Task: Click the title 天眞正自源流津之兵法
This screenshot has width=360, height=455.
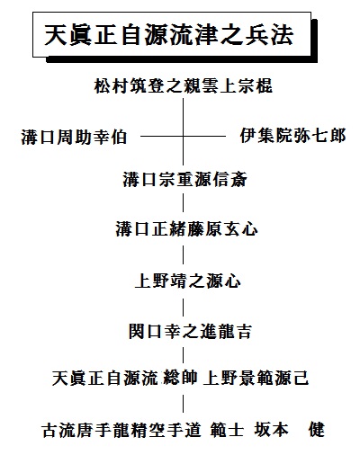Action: [169, 35]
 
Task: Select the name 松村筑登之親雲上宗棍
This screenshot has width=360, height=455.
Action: [184, 86]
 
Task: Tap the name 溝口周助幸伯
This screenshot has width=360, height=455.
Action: [74, 137]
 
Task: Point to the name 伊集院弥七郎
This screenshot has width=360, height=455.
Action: [292, 136]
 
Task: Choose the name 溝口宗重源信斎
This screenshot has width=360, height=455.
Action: [184, 180]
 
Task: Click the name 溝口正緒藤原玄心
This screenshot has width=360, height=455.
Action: [186, 229]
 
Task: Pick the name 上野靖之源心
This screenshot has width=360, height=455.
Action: [188, 281]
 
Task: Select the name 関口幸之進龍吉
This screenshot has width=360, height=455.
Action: [190, 331]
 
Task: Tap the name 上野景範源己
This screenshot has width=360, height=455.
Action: [256, 378]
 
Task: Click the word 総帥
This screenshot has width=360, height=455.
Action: [180, 378]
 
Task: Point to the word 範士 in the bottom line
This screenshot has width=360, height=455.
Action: [227, 430]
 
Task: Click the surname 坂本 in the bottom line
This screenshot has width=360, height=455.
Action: [272, 430]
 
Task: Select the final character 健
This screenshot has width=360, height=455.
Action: [316, 430]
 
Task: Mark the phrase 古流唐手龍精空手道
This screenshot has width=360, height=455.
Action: [121, 430]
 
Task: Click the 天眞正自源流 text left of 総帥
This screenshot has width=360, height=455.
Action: [104, 378]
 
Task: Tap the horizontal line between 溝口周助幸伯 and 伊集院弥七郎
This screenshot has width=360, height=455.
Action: [183, 137]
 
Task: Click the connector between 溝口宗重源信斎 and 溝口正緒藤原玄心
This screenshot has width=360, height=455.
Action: [184, 202]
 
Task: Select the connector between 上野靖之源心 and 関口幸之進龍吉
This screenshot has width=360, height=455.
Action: [184, 306]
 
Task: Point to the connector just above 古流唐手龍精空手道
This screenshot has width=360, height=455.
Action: [184, 404]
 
